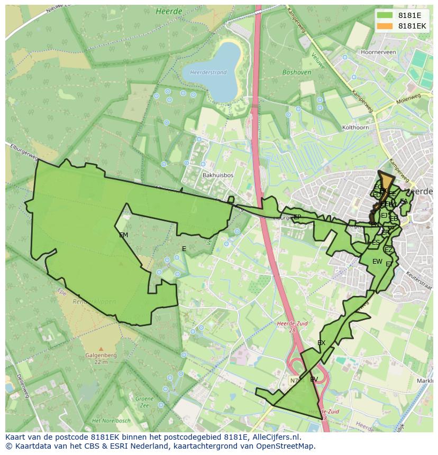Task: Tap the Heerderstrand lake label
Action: (x=208, y=72)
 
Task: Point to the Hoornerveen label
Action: (x=378, y=53)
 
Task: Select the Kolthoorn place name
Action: (x=355, y=127)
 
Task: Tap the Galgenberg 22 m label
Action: (x=101, y=359)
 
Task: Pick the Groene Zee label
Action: (x=144, y=402)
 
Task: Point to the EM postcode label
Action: (x=123, y=235)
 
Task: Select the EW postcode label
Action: (x=377, y=262)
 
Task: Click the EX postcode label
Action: (x=321, y=343)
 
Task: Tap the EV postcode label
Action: (x=314, y=379)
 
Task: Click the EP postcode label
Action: (x=297, y=217)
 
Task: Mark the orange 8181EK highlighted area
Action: (x=387, y=181)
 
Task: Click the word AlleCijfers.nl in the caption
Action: (x=274, y=438)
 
